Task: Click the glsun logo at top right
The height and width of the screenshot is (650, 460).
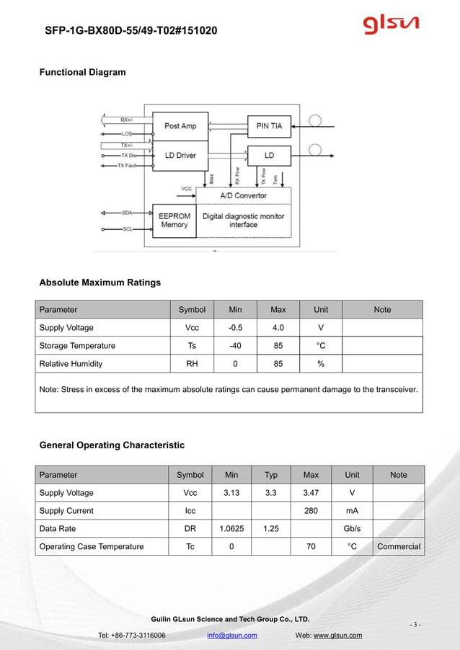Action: pos(390,27)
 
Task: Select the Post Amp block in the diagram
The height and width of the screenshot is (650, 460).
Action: pos(180,126)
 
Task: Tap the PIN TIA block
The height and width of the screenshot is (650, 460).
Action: pos(269,126)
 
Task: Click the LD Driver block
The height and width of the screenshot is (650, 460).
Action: pos(180,155)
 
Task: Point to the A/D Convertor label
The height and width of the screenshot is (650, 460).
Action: pos(243,195)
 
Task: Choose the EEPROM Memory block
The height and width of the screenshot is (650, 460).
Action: pos(174,220)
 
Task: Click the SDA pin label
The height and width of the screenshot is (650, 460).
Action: pos(126,213)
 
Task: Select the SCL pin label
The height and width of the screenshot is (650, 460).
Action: pos(126,229)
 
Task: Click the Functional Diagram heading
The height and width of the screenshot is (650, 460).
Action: pos(82,72)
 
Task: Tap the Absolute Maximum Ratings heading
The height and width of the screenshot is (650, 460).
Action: pos(99,282)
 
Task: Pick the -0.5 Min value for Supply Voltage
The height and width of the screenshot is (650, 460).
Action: pos(235,328)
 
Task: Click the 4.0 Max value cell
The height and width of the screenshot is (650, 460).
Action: pos(278,328)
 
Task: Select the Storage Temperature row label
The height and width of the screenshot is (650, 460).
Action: pos(77,346)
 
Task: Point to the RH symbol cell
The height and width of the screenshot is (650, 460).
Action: pos(192,364)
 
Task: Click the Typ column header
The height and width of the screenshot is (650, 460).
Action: pos(270,475)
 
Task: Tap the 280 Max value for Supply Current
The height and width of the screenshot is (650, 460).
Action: pos(311,511)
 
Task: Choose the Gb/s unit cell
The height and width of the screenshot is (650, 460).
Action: pos(352,529)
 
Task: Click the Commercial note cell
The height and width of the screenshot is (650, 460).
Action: pos(399,547)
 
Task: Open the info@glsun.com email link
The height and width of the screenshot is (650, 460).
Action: pos(231,635)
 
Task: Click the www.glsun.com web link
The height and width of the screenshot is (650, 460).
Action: pos(337,635)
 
